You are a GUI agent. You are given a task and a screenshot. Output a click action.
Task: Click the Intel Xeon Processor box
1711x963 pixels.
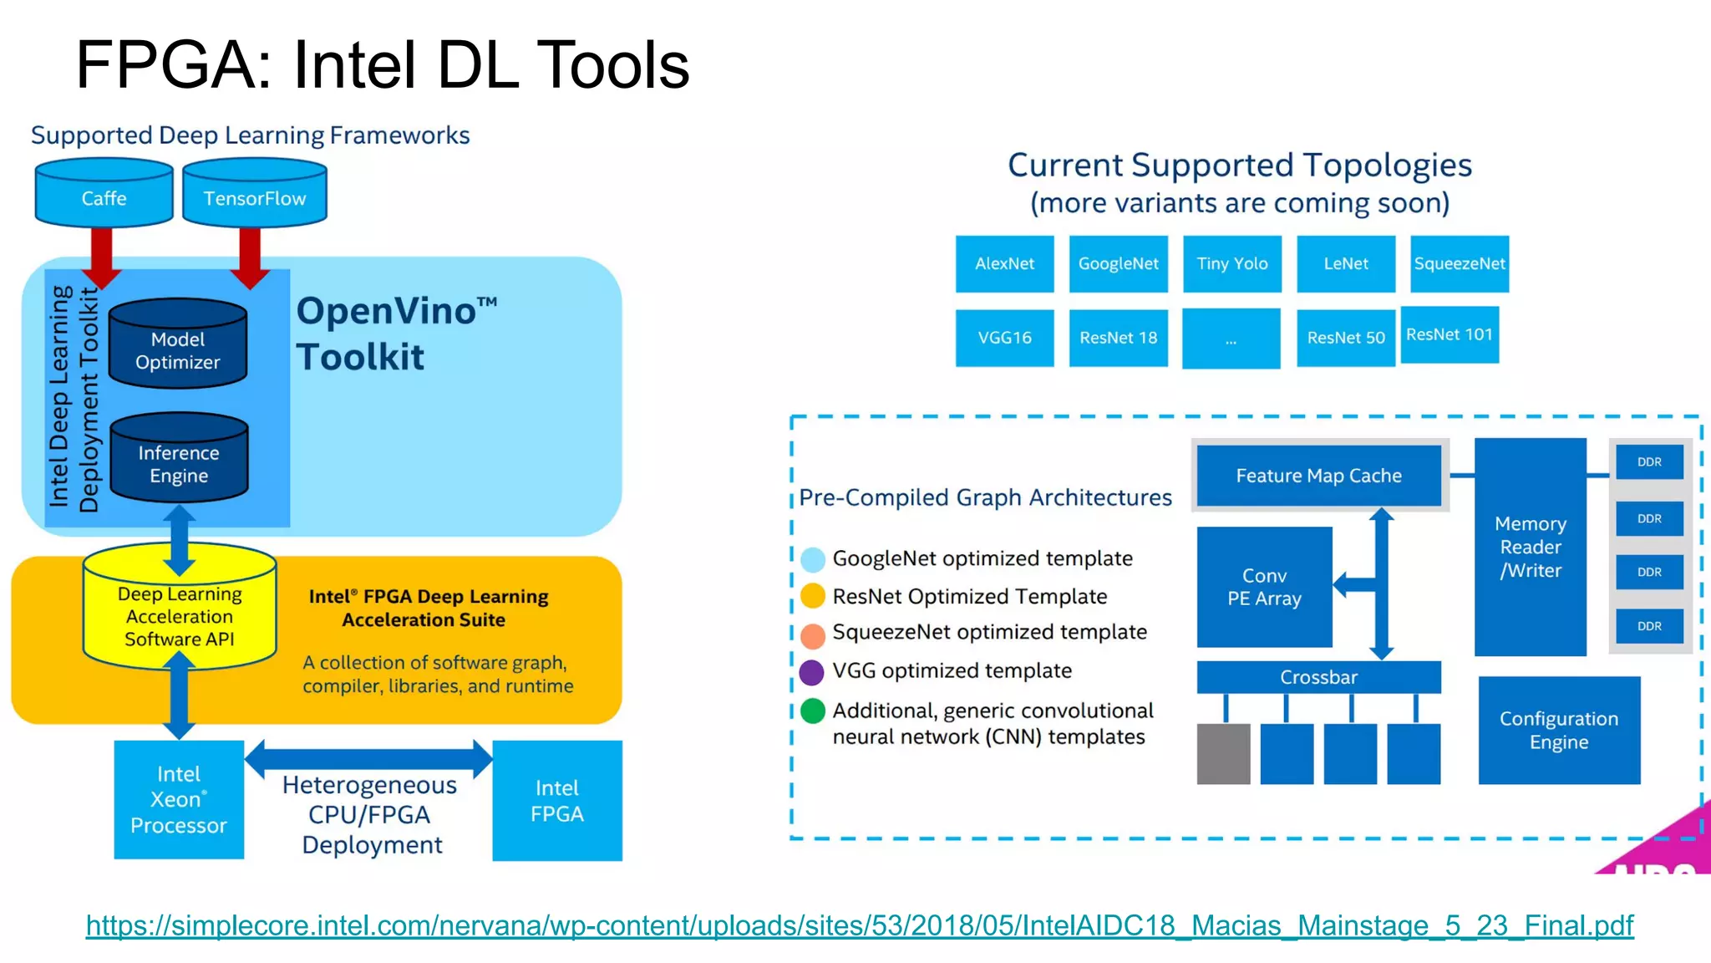[179, 799]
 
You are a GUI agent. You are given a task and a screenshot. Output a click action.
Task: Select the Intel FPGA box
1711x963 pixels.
[557, 800]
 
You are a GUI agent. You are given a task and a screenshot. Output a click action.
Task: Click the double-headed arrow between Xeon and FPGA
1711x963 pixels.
[368, 758]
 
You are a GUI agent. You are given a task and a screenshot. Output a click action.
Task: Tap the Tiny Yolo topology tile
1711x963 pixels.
[1232, 264]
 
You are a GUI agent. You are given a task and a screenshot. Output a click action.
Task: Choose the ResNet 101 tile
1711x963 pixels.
[1450, 334]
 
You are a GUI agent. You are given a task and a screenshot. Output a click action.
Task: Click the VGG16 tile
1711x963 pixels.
[1004, 338]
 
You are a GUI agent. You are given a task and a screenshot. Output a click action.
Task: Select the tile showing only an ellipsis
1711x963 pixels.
[1231, 339]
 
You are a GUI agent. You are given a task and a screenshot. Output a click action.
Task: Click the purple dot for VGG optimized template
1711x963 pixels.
[812, 672]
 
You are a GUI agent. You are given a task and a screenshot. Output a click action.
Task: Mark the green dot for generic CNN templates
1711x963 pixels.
[812, 711]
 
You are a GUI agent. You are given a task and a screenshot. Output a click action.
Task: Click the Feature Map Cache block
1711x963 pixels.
[1318, 476]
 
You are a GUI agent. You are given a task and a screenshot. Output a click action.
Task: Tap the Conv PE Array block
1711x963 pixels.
[1264, 587]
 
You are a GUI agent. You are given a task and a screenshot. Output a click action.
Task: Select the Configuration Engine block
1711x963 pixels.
[1559, 730]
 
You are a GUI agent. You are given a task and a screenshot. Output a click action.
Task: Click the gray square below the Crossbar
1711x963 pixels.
[1223, 754]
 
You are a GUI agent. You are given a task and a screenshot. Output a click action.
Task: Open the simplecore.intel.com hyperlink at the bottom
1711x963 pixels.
[860, 925]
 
